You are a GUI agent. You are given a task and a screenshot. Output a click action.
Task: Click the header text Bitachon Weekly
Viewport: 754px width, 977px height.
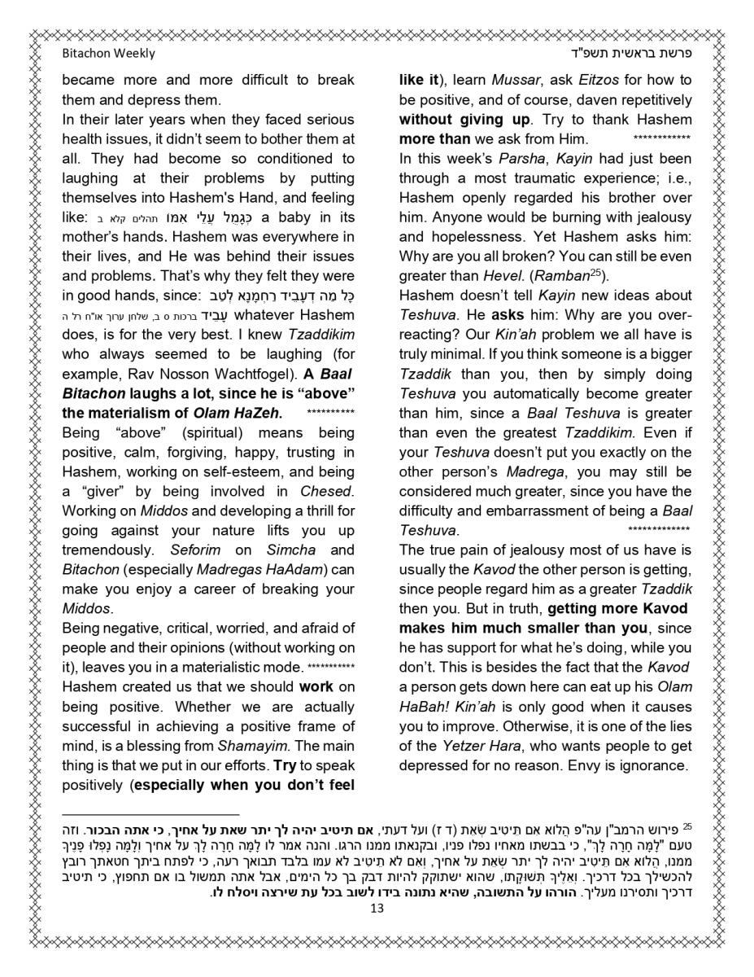108,54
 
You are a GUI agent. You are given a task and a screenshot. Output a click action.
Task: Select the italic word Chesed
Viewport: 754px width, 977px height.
325,491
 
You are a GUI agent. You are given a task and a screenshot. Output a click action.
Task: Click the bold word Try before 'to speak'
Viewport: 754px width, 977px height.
285,765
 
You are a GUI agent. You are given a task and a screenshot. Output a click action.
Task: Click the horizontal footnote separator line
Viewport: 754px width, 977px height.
150,813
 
